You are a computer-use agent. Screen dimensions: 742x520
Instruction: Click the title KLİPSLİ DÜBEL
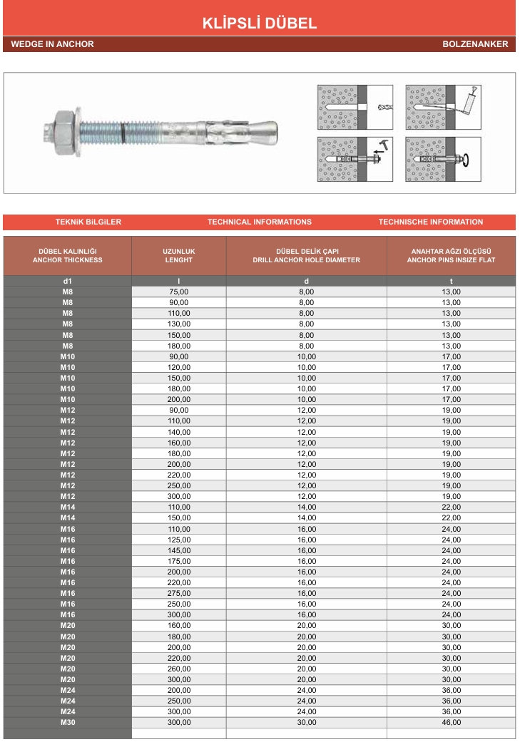(260, 24)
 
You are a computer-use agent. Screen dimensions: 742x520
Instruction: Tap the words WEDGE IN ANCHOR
(52, 44)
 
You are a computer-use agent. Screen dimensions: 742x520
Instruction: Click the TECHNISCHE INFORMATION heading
(430, 222)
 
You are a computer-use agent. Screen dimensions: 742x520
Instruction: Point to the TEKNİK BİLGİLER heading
(88, 222)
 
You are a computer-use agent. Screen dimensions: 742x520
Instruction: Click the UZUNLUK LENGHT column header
(179, 256)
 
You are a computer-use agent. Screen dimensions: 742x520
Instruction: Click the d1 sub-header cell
(68, 281)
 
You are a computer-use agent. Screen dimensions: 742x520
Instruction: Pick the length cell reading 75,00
(179, 292)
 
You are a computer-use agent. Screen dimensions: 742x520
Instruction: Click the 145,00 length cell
(179, 550)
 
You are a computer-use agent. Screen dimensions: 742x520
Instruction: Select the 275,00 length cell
(179, 593)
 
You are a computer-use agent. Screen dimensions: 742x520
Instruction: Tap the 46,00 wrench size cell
(451, 722)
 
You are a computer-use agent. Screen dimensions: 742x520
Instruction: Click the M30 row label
(68, 722)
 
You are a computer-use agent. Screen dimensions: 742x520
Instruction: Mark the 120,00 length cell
(179, 367)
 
